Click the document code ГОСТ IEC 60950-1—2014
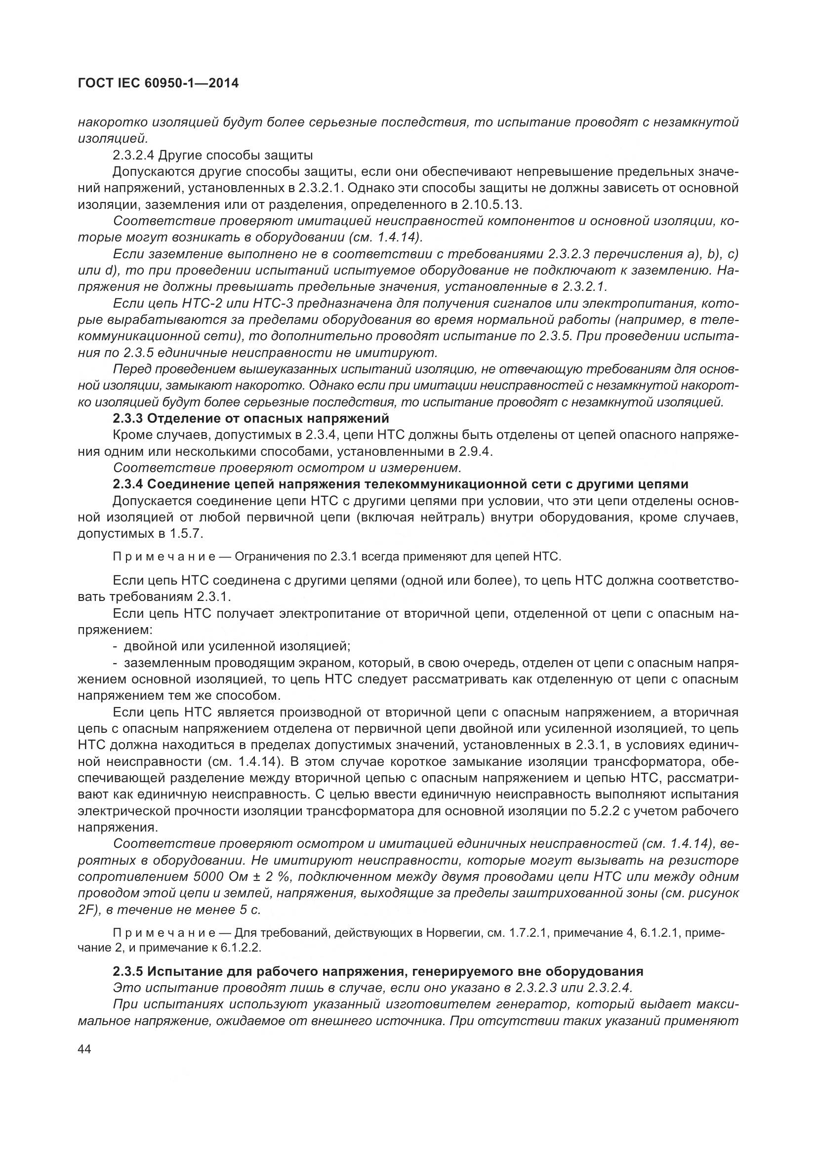pyautogui.click(x=158, y=83)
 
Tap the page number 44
pyautogui.click(x=85, y=1050)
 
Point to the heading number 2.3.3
pyautogui.click(x=127, y=418)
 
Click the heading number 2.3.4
pyautogui.click(x=127, y=484)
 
